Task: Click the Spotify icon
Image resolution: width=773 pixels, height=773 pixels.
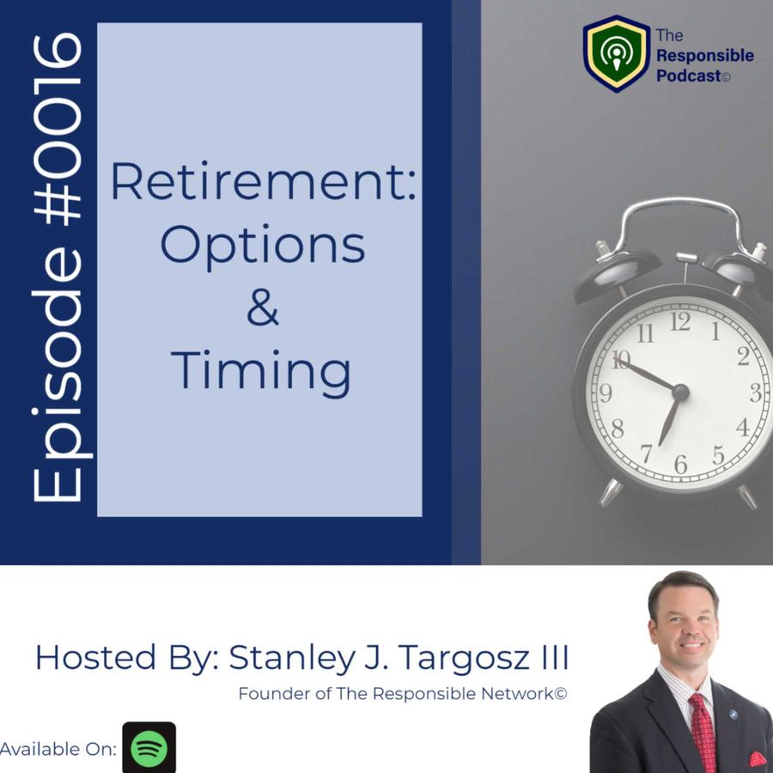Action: click(x=149, y=747)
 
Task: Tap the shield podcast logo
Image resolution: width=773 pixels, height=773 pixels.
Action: click(x=616, y=53)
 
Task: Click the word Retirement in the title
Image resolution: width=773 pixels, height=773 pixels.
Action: click(x=264, y=181)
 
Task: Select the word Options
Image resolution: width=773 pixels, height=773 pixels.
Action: click(x=263, y=246)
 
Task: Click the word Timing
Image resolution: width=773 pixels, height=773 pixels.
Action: click(x=261, y=372)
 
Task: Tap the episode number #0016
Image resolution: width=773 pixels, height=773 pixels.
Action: click(x=58, y=127)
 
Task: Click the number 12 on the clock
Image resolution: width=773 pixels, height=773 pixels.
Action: click(x=680, y=322)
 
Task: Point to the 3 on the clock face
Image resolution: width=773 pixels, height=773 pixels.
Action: click(x=756, y=393)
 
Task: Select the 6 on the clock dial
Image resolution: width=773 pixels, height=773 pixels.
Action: click(x=681, y=464)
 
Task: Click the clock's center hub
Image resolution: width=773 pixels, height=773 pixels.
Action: click(x=680, y=393)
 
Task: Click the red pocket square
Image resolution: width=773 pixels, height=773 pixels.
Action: click(x=758, y=759)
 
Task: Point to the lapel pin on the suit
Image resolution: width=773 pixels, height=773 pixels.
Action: click(x=733, y=715)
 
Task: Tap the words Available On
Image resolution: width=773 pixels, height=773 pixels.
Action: click(x=58, y=749)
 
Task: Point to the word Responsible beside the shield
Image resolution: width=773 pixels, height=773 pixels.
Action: click(x=705, y=56)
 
